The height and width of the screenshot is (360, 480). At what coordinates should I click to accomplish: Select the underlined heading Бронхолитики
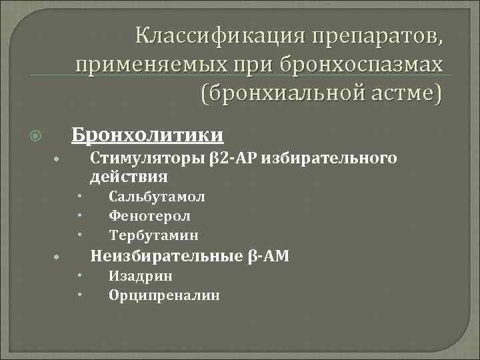pyautogui.click(x=147, y=135)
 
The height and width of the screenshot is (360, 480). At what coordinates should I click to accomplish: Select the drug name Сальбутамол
pyautogui.click(x=157, y=197)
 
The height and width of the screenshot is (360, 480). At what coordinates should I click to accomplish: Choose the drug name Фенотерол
pyautogui.click(x=150, y=216)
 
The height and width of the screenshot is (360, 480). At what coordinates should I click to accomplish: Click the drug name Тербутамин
pyautogui.click(x=153, y=235)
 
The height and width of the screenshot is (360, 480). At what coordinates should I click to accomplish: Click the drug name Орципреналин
pyautogui.click(x=164, y=295)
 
